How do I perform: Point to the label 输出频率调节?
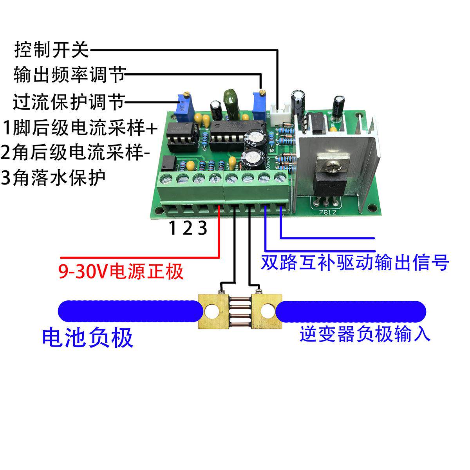[x=69, y=74]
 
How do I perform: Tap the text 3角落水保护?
[x=54, y=178]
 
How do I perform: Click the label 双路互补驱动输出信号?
[x=354, y=263]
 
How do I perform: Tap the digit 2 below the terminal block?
[x=188, y=228]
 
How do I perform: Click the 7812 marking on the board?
[x=325, y=212]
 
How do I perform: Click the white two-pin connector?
[x=283, y=114]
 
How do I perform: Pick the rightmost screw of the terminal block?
[x=280, y=177]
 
